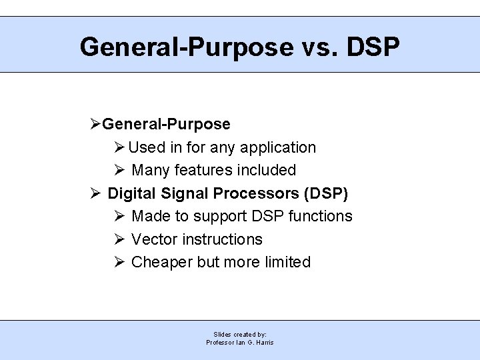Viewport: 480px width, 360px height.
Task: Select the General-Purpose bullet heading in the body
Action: coord(166,125)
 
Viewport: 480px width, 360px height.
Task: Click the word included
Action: coord(267,171)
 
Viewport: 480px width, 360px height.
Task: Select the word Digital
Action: coord(131,193)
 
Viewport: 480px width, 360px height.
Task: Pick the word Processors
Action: coord(256,193)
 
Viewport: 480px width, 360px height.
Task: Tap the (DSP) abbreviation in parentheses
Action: coord(326,193)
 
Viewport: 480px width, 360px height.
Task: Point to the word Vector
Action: coord(155,239)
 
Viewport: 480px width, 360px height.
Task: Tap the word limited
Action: coord(287,262)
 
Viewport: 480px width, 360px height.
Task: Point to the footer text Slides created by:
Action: coord(240,334)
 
